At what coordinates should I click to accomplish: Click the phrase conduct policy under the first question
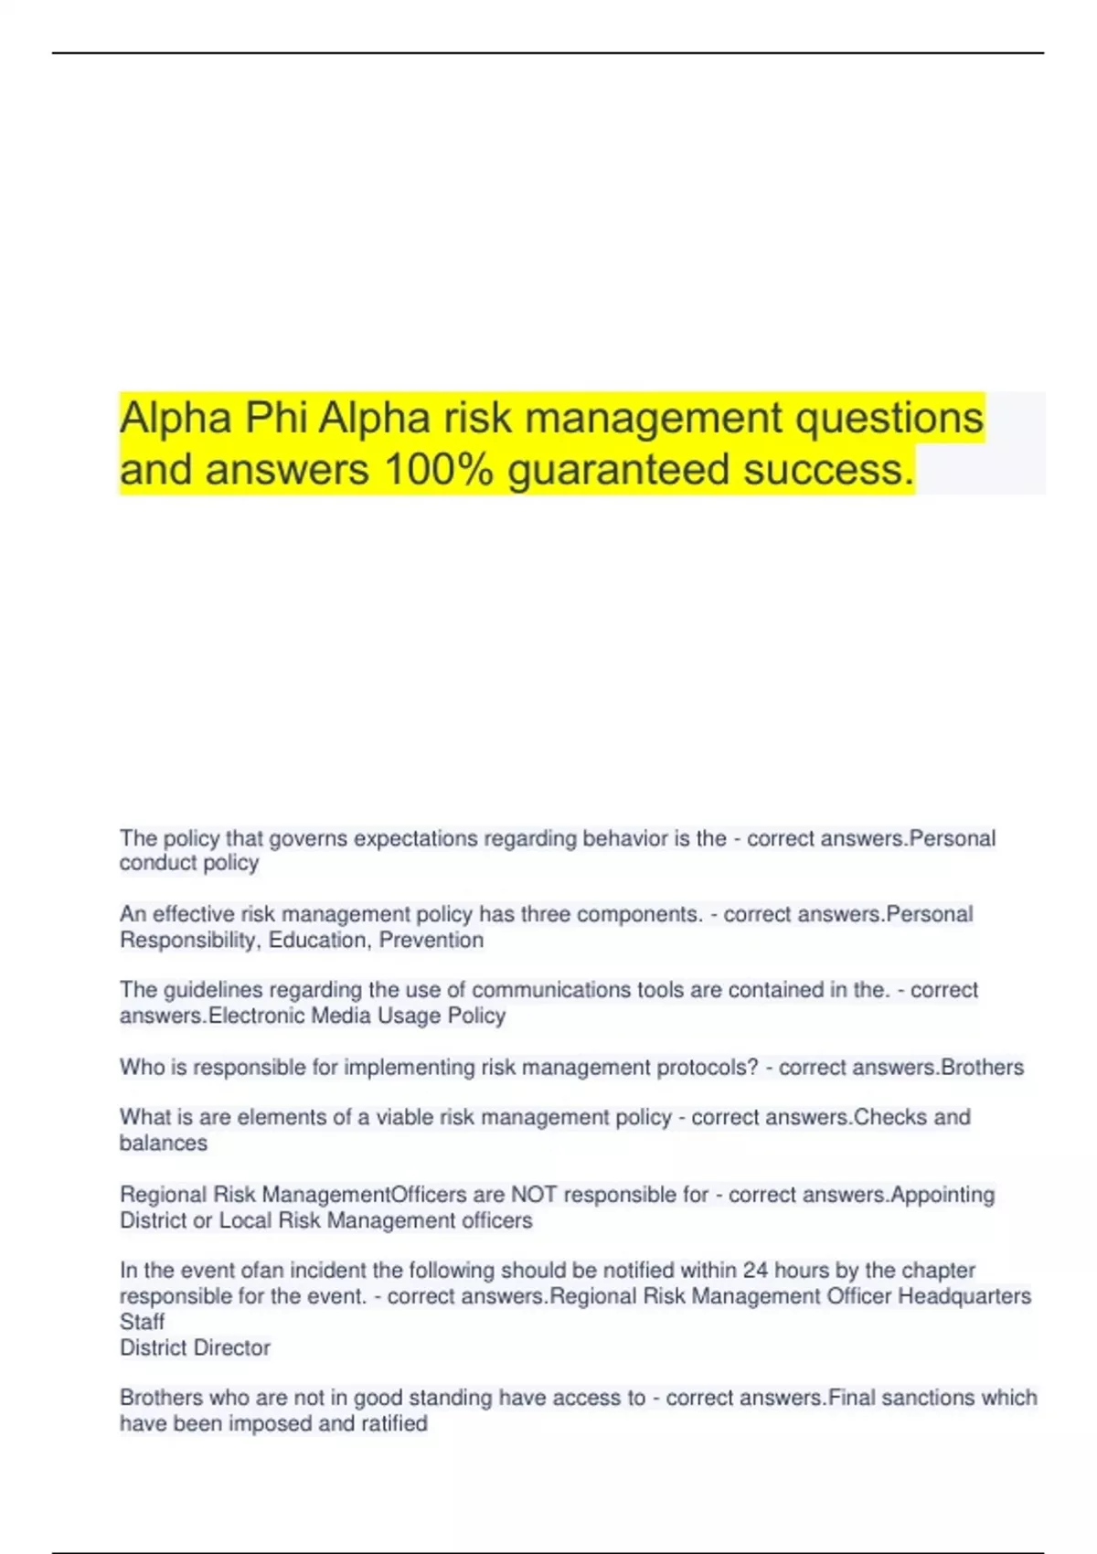(189, 863)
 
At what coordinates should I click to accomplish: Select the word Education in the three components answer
(317, 941)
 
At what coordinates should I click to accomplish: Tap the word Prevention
(431, 941)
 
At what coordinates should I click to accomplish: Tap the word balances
(164, 1144)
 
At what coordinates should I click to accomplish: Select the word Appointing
(943, 1195)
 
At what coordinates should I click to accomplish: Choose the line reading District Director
(195, 1348)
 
